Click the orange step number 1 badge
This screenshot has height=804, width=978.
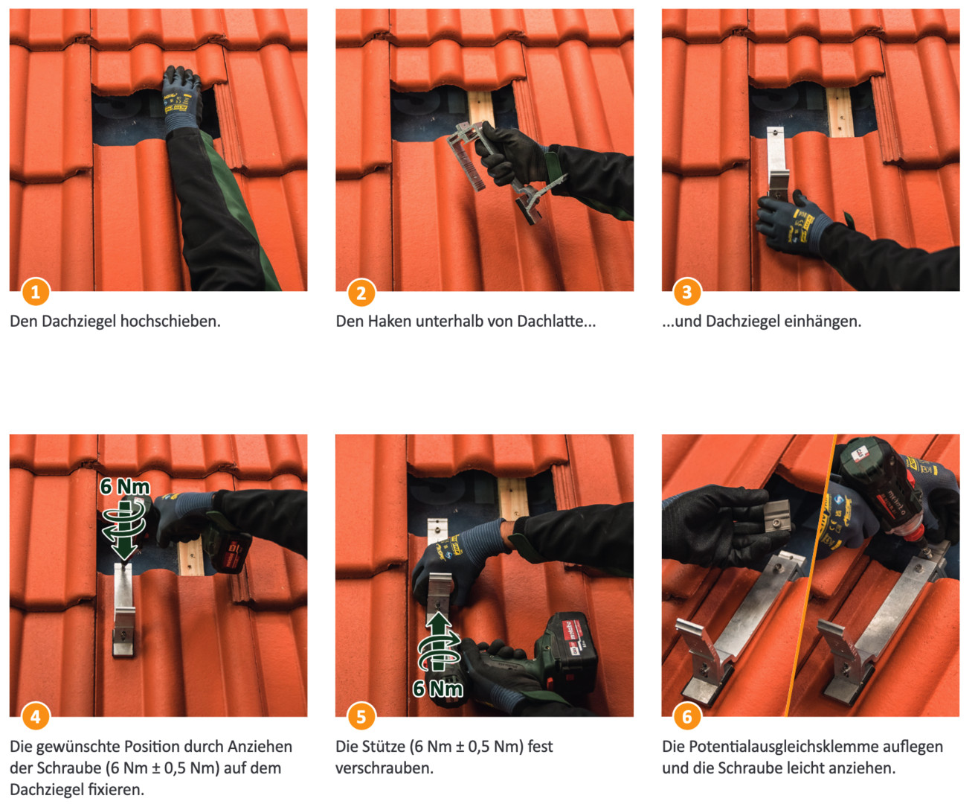[35, 292]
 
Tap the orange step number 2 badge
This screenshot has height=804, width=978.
[361, 293]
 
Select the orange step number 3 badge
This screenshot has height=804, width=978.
[687, 292]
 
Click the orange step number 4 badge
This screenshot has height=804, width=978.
[35, 717]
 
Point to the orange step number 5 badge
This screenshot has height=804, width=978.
[361, 717]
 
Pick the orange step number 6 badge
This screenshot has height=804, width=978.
[687, 717]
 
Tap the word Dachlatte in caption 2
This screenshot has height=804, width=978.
[556, 322]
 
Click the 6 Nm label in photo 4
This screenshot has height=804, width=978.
[125, 487]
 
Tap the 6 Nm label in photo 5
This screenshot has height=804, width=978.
[438, 689]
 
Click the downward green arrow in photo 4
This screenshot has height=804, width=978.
[123, 529]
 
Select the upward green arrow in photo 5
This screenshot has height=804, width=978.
[439, 642]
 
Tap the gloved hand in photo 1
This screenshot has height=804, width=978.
[182, 100]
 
